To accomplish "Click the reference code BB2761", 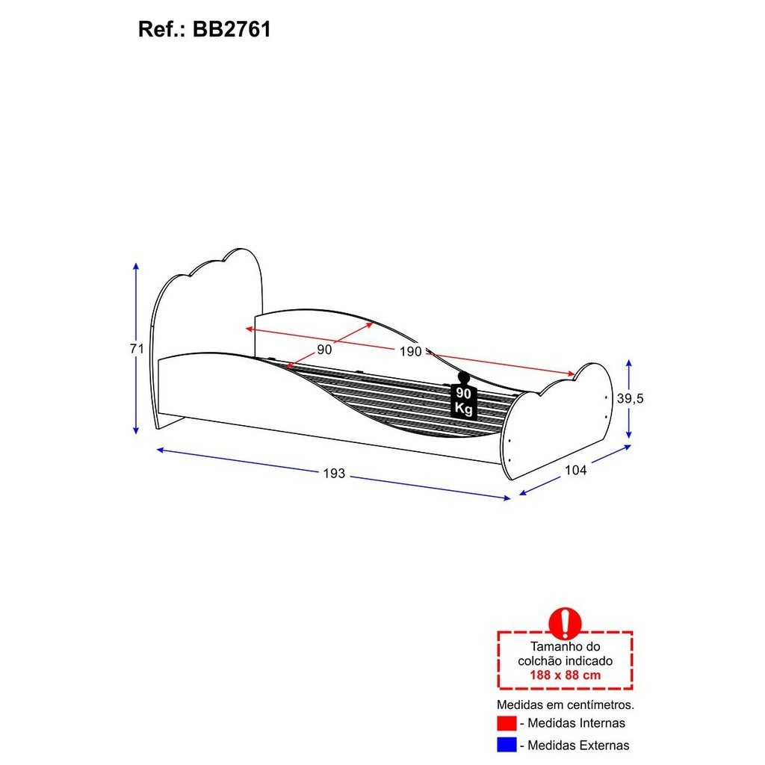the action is point(232,29).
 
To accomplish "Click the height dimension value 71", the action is point(137,349).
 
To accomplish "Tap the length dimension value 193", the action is point(334,473).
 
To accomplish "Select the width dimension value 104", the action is point(576,471).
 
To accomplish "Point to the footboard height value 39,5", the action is point(631,399).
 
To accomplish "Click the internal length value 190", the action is point(410,351).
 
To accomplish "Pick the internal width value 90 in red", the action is point(324,350).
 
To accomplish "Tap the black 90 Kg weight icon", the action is point(463,396).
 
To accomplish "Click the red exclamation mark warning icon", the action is point(565,623).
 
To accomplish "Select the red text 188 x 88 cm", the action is point(565,675).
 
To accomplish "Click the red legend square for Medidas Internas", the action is point(507,723).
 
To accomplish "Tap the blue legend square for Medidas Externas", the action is point(507,745).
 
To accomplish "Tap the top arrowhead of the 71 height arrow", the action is point(136,266).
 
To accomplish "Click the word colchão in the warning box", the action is point(539,661).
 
